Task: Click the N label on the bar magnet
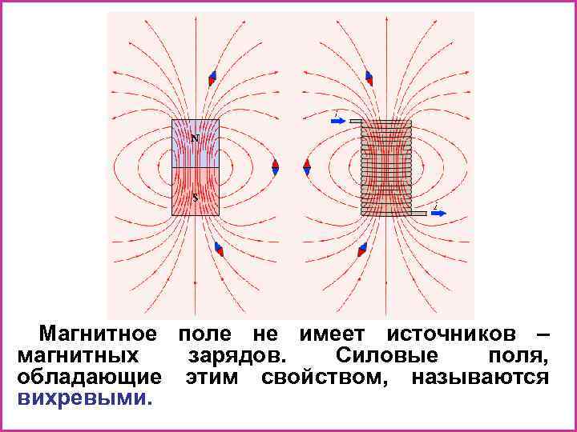[194, 138]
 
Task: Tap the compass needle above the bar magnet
[212, 78]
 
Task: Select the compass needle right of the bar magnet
[275, 166]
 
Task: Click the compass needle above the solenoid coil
[369, 78]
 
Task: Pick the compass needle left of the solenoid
[307, 166]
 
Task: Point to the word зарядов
[233, 354]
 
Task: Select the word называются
[479, 376]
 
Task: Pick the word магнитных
[76, 354]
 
